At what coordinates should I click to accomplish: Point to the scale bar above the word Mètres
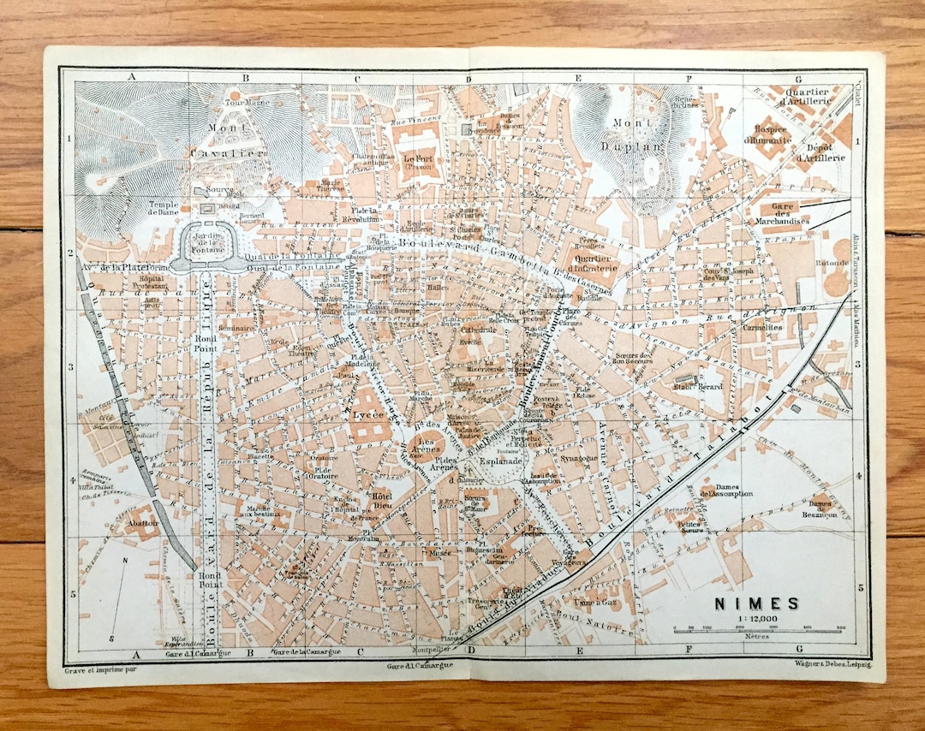tap(758, 630)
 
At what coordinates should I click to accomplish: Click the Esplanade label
tap(494, 459)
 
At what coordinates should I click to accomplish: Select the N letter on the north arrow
tap(125, 562)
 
